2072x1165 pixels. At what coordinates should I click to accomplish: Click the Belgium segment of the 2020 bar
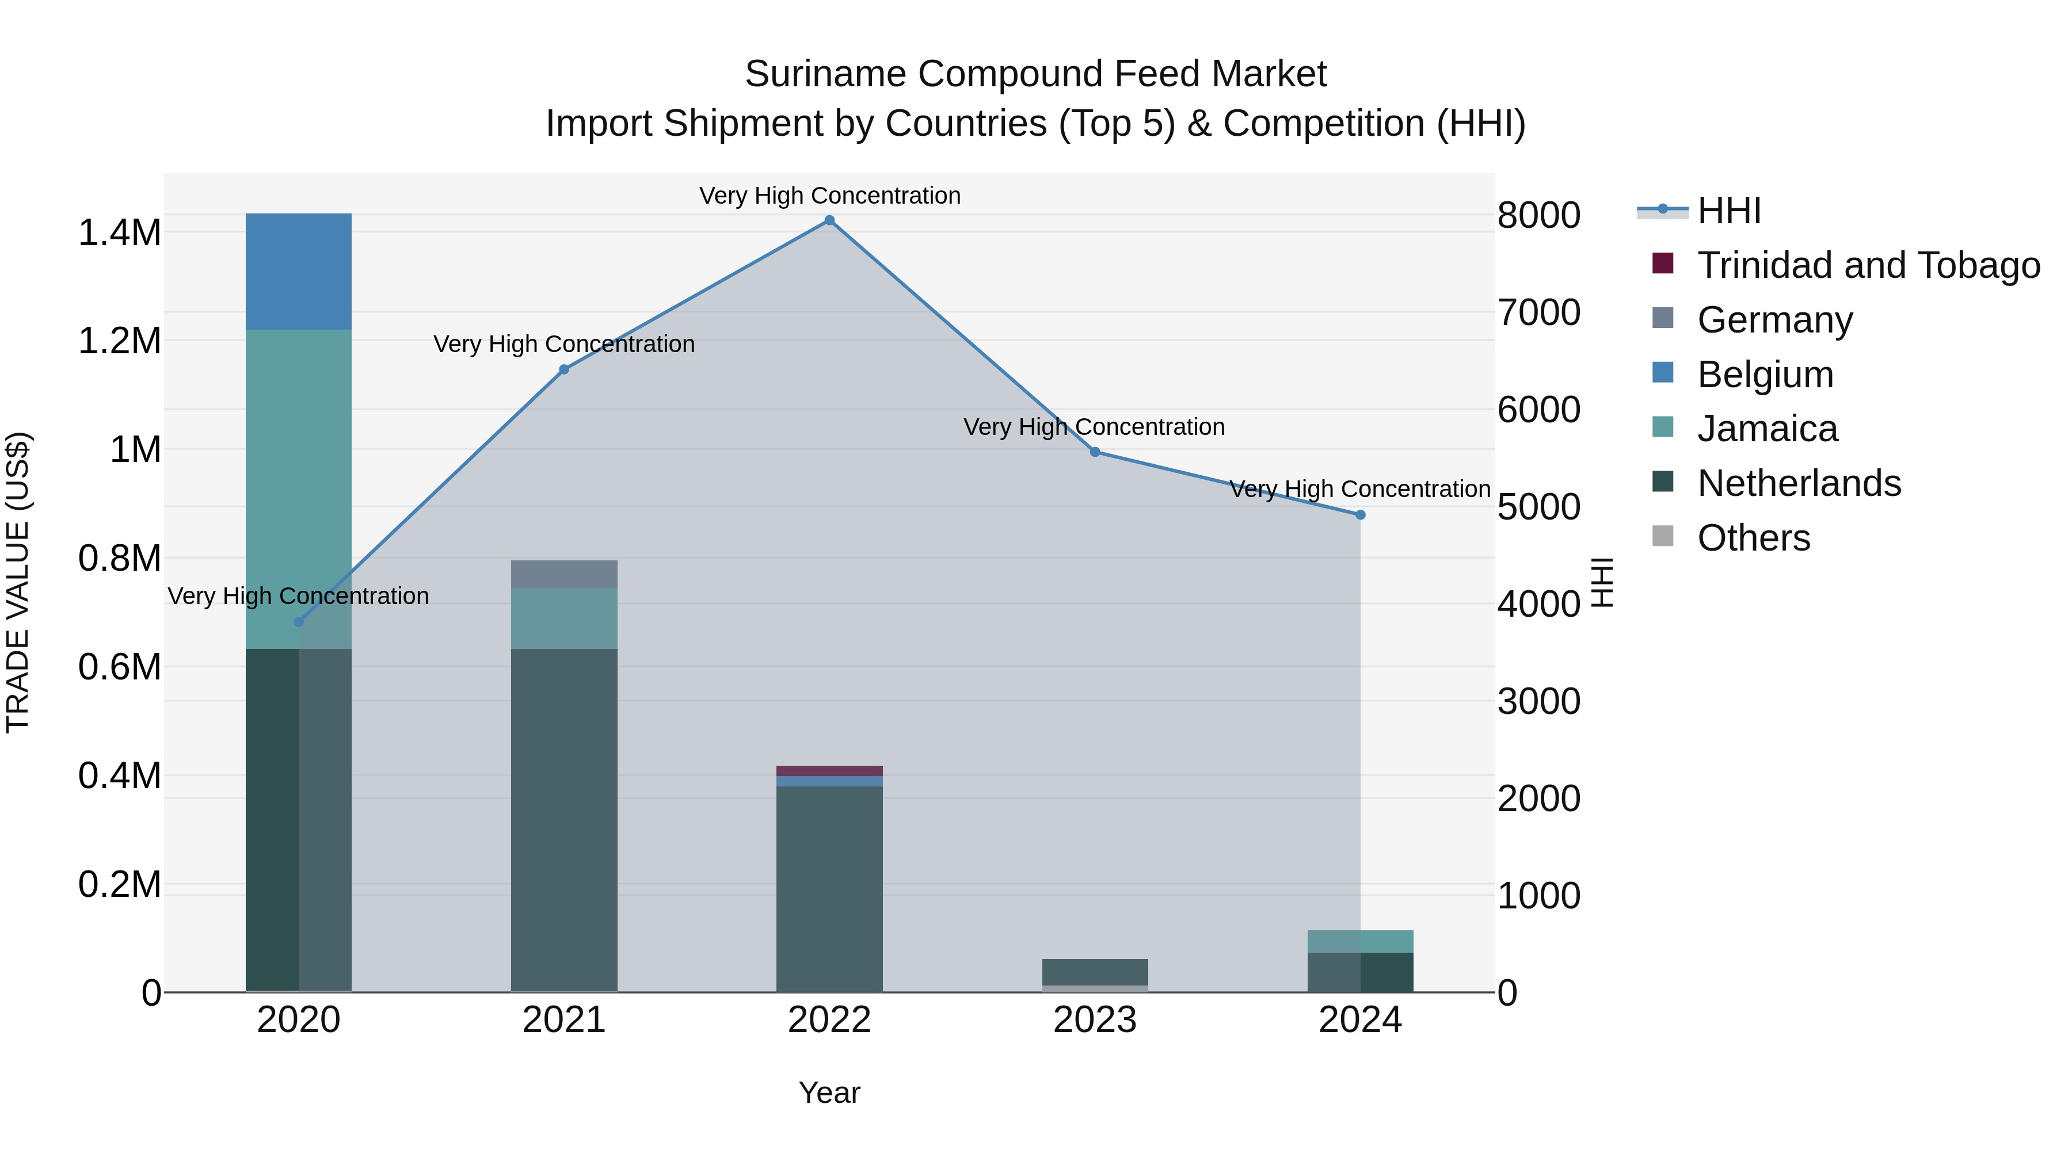point(298,271)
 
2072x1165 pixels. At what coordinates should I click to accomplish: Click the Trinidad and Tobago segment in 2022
point(829,770)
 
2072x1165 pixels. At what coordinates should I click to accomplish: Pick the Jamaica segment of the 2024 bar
point(1360,941)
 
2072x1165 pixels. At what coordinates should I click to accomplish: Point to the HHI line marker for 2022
point(829,220)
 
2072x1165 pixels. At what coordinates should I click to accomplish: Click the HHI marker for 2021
point(564,369)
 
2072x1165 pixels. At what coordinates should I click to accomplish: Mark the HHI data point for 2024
point(1360,514)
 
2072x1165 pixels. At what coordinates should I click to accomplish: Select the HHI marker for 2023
point(1095,452)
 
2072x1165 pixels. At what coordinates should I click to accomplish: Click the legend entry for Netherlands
point(1799,483)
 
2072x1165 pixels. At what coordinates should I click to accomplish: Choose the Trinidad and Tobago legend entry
point(1868,265)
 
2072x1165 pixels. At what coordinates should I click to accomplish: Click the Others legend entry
point(1754,538)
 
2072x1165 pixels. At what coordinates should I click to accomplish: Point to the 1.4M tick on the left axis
point(120,232)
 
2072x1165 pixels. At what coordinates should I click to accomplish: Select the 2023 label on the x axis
point(1095,1020)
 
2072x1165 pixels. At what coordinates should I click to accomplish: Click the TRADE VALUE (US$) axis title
point(18,582)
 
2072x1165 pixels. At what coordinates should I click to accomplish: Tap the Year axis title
point(829,1093)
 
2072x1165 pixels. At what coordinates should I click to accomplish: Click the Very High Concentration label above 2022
point(829,196)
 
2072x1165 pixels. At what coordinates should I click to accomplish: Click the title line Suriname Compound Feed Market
point(1035,74)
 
